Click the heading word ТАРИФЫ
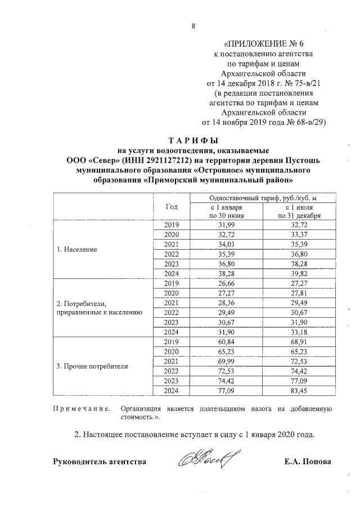click(193, 140)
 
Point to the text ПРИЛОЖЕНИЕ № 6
click(264, 43)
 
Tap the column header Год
click(172, 206)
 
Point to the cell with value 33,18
click(299, 332)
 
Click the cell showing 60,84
click(226, 341)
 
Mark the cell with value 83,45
click(299, 390)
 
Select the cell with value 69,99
click(226, 361)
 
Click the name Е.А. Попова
click(308, 462)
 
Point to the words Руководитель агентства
click(100, 462)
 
